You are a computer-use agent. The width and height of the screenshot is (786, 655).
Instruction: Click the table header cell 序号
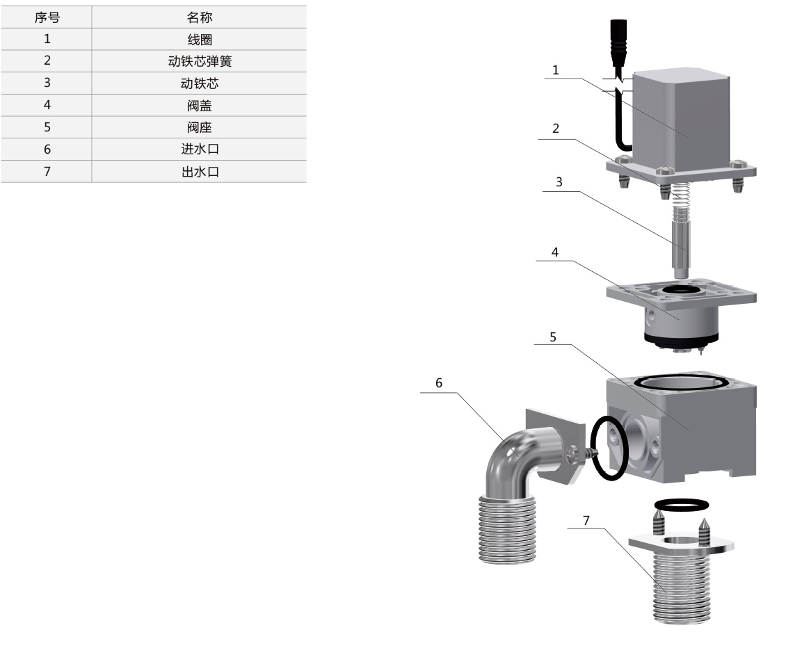coord(47,17)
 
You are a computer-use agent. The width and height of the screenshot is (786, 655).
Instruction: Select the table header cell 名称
coord(200,17)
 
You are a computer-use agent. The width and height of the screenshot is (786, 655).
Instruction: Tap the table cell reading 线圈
coord(200,39)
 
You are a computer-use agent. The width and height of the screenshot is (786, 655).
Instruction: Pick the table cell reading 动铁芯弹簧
coord(200,61)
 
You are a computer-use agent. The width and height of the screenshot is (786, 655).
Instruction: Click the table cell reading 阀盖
coord(200,106)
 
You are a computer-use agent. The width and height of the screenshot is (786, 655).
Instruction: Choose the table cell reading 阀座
coord(200,127)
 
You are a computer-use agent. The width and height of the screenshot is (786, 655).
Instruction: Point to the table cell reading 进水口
coord(200,149)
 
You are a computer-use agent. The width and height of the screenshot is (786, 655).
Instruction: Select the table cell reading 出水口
coord(200,172)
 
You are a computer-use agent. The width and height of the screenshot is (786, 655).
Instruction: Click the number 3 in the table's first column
coord(47,83)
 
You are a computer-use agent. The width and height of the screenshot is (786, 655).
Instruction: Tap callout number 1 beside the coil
coord(555,70)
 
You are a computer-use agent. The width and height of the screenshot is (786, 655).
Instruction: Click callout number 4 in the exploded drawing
coord(555,252)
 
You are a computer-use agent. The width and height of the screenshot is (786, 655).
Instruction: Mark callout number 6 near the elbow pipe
coord(439,382)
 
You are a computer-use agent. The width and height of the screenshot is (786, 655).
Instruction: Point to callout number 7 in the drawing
coord(586,519)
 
